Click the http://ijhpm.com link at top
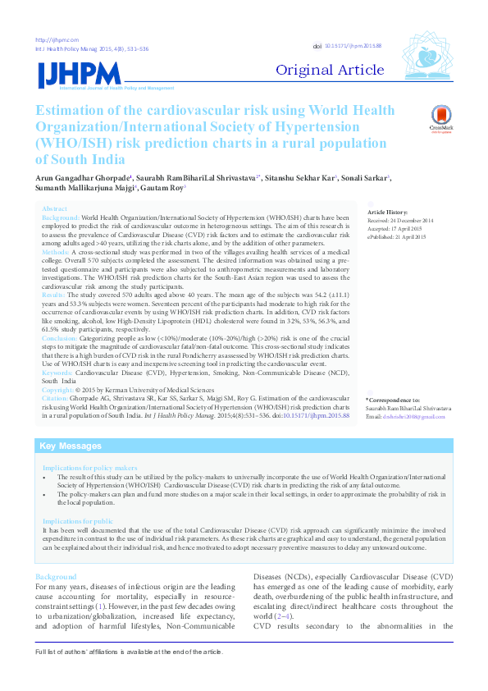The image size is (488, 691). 52,40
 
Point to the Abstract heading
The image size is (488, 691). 55,209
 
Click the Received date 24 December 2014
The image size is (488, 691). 408,221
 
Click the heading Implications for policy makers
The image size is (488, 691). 90,467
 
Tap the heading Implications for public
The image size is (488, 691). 78,521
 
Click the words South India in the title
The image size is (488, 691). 81,159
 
